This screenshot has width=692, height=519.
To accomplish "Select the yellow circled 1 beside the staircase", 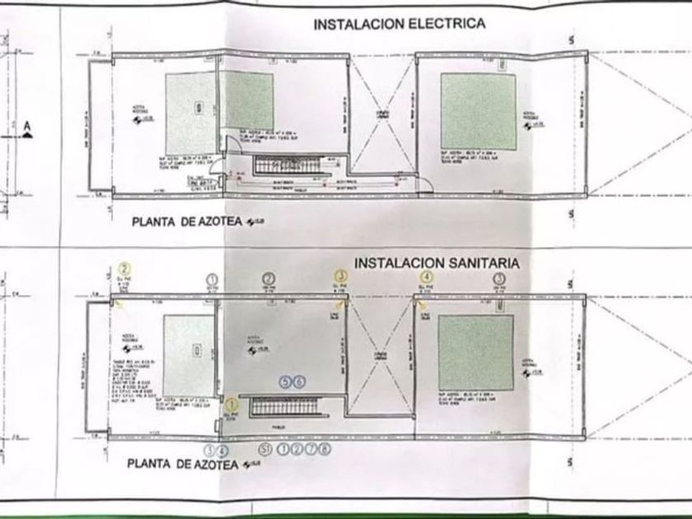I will click(231, 404).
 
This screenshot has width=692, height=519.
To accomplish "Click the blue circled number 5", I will click(286, 381).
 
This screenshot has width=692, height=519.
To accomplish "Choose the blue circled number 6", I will click(299, 381).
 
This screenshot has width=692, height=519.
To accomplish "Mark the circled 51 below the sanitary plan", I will click(264, 449).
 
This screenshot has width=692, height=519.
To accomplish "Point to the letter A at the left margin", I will click(27, 125).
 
